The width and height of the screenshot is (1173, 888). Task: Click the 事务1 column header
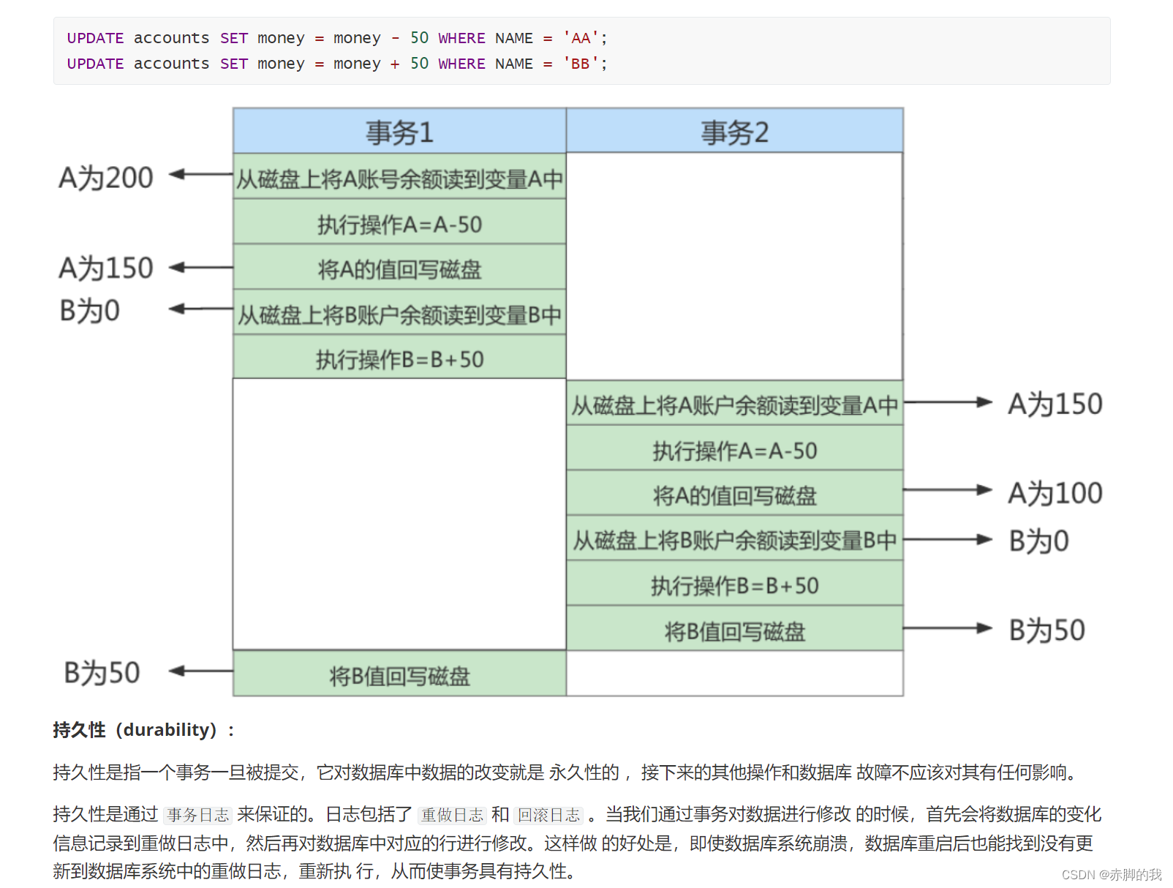click(399, 132)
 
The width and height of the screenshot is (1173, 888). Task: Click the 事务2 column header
click(734, 132)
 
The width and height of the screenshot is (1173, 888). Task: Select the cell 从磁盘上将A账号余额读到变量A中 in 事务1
click(399, 178)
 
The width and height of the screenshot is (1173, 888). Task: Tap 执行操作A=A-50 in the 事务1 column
click(399, 224)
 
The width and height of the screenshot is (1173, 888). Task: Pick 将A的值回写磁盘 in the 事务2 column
click(734, 495)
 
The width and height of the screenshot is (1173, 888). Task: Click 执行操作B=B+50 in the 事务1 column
click(399, 359)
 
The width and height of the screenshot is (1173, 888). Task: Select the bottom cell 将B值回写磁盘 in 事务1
click(399, 676)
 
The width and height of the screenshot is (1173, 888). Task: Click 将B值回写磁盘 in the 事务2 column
click(734, 631)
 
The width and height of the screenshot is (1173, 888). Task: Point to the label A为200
click(106, 178)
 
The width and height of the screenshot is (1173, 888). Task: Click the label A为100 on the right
click(1055, 493)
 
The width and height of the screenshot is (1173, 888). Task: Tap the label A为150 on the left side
click(106, 268)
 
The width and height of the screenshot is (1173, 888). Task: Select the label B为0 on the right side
click(1038, 541)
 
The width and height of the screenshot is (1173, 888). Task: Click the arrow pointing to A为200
click(201, 175)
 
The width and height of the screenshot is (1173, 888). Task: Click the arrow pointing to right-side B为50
click(947, 628)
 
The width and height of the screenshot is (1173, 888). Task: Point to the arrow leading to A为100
click(947, 490)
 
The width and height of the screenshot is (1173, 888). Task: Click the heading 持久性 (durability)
click(143, 730)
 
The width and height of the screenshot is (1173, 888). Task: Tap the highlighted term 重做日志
click(452, 815)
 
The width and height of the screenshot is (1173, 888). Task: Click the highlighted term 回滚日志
click(548, 815)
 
